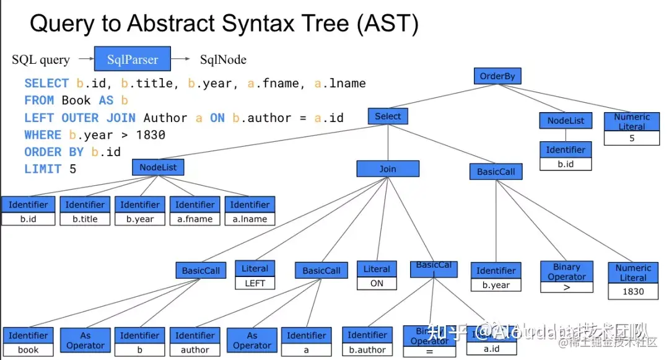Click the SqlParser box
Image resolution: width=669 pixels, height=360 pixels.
132,59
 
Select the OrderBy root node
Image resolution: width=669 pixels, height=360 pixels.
497,77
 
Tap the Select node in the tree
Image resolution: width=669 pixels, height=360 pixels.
388,116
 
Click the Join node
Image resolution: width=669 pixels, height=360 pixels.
388,169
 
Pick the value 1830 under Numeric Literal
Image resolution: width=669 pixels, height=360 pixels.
633,291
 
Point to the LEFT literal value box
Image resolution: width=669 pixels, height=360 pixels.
255,283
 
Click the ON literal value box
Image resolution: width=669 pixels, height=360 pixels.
377,284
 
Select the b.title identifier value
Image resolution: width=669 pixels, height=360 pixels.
85,219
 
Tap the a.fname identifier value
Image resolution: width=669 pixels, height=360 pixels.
195,219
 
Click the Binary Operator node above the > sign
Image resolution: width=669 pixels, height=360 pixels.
567,271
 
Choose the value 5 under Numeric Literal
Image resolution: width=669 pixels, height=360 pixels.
632,138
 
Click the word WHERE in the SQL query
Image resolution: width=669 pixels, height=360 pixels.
43,134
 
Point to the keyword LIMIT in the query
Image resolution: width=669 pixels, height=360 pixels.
43,169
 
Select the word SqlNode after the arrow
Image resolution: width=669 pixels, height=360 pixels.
223,59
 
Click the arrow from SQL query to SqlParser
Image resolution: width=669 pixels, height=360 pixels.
82,59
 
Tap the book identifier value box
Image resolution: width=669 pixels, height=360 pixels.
28,349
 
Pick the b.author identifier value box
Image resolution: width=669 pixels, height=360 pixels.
367,349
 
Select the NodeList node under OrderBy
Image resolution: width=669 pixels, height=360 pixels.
566,121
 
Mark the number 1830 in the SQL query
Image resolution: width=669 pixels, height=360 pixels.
151,134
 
